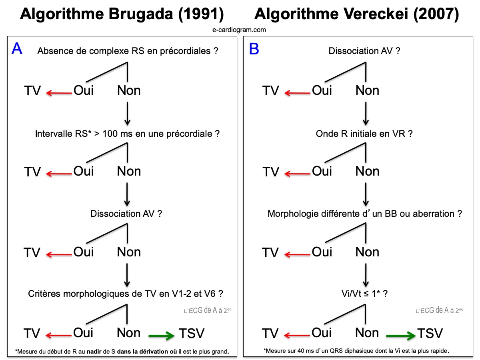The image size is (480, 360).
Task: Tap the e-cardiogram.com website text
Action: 240,30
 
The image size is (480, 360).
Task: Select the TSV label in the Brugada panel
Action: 191,333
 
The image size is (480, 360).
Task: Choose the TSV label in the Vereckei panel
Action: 430,333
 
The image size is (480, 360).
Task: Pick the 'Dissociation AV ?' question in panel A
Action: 126,214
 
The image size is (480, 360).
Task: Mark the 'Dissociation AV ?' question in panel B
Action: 364,51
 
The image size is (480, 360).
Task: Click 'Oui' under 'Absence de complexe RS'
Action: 83,90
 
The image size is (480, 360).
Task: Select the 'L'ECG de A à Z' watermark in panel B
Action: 439,310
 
